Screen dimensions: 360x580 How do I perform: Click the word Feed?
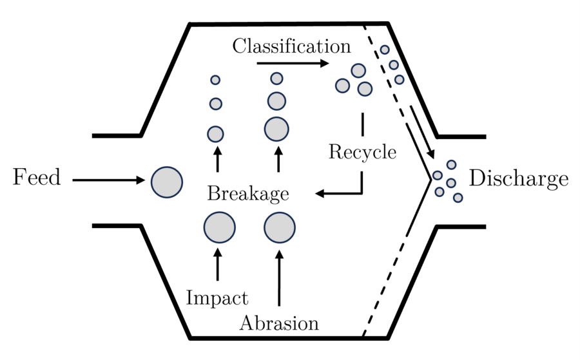[37, 177]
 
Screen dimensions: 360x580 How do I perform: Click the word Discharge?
[519, 178]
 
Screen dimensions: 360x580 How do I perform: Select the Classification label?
[292, 46]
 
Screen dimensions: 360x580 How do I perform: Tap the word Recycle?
[362, 153]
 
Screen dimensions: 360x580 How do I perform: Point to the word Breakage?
[248, 194]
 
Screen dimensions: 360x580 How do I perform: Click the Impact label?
[217, 298]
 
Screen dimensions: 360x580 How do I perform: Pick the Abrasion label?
[279, 323]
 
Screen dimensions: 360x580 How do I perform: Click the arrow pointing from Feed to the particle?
[109, 180]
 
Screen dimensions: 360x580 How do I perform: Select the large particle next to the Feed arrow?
[166, 182]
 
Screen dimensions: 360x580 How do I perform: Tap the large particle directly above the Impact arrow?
[219, 227]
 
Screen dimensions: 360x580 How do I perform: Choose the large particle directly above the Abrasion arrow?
[280, 228]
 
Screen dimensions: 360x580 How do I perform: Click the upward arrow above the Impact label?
[217, 264]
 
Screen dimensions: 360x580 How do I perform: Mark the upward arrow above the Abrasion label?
[279, 278]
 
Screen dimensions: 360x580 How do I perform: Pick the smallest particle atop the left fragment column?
[215, 80]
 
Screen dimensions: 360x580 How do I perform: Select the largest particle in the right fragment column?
[277, 128]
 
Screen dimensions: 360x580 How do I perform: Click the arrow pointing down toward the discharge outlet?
[421, 134]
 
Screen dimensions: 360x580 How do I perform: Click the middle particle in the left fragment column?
[216, 103]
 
